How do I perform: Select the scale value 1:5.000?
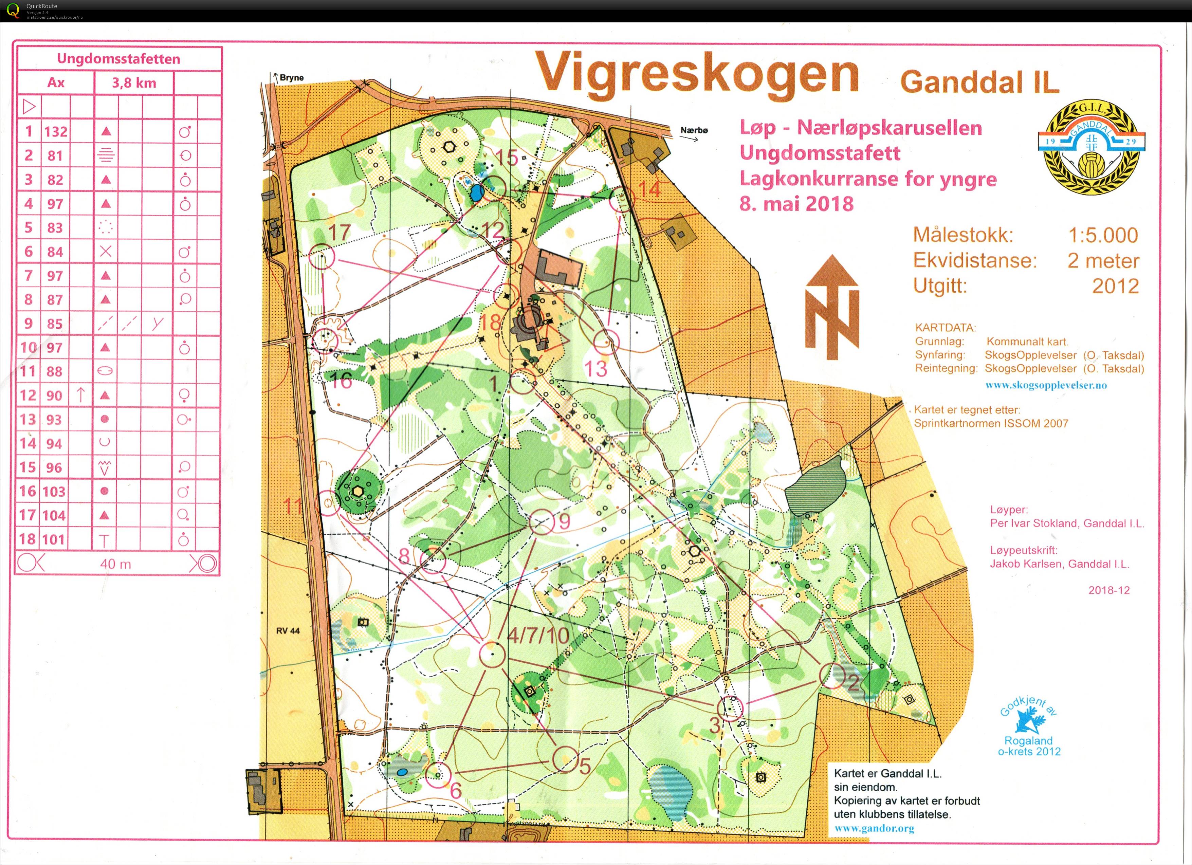click(1103, 235)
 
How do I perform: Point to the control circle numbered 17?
click(322, 257)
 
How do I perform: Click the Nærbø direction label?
click(694, 130)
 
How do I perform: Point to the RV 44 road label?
click(288, 631)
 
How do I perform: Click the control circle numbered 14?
click(621, 201)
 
